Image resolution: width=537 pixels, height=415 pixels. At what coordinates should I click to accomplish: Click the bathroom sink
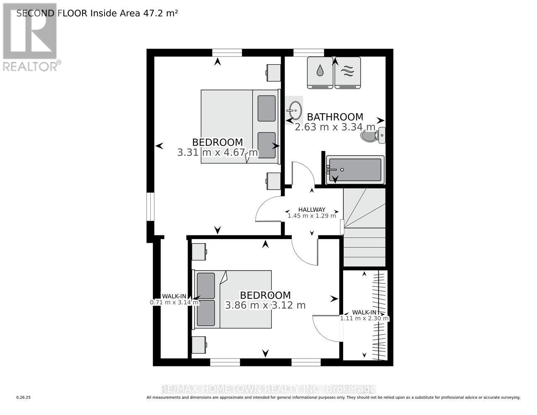pyautogui.click(x=295, y=110)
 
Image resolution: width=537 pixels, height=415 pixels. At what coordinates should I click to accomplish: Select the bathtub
pyautogui.click(x=355, y=170)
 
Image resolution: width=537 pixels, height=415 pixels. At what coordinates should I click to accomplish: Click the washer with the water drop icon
pyautogui.click(x=320, y=72)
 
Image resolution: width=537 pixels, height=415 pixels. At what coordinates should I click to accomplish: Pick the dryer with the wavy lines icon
pyautogui.click(x=347, y=72)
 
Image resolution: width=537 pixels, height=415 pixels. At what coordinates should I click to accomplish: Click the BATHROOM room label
pyautogui.click(x=335, y=117)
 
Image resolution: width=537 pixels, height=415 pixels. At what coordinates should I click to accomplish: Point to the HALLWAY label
pyautogui.click(x=312, y=210)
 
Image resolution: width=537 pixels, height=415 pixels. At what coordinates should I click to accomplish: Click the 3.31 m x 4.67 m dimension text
pyautogui.click(x=217, y=153)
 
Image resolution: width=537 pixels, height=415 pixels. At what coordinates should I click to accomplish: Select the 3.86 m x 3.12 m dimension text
pyautogui.click(x=265, y=305)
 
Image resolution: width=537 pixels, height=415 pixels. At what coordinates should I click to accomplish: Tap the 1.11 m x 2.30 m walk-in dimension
pyautogui.click(x=364, y=319)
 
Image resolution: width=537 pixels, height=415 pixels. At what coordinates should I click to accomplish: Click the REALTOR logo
pyautogui.click(x=30, y=37)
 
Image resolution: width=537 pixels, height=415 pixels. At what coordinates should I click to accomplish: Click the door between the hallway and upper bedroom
pyautogui.click(x=269, y=209)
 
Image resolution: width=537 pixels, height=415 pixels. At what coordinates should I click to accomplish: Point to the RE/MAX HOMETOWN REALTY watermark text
pyautogui.click(x=268, y=389)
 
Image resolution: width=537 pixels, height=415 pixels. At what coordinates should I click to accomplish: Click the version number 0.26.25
pyautogui.click(x=24, y=398)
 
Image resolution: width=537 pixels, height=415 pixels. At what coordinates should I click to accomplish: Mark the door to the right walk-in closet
pyautogui.click(x=327, y=328)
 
